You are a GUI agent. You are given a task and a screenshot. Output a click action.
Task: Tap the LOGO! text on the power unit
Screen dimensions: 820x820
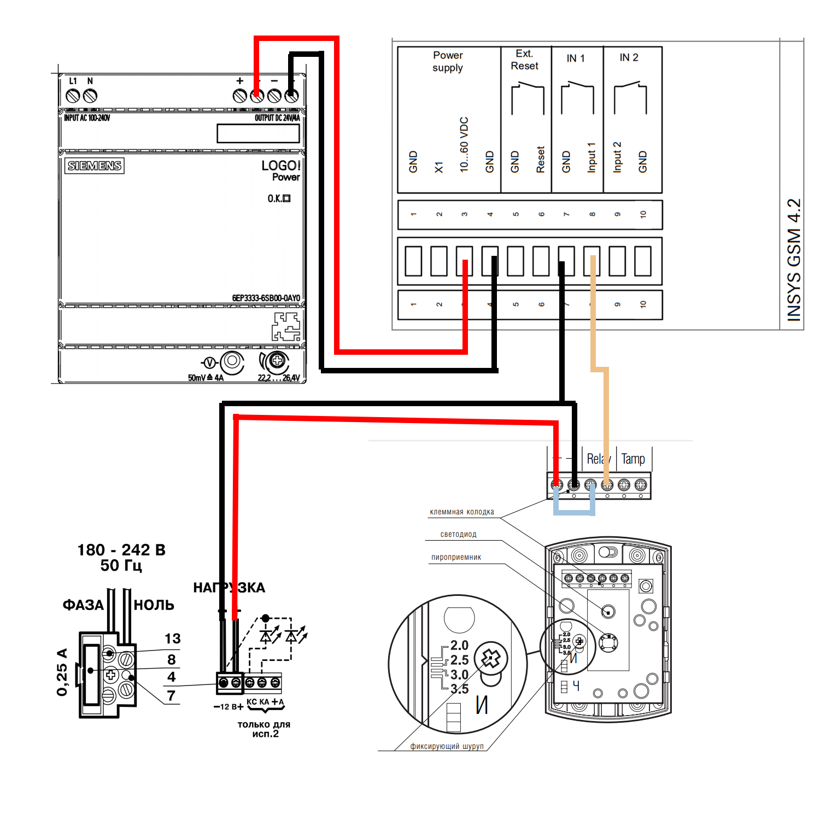tap(280, 166)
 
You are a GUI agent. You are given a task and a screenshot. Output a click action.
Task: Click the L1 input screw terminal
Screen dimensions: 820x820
tap(72, 96)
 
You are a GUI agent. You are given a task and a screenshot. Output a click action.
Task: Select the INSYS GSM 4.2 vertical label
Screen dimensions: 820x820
tap(794, 260)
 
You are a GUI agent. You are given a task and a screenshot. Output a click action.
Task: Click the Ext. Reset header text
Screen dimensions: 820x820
tap(524, 60)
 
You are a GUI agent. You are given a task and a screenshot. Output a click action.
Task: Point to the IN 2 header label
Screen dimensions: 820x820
tap(629, 57)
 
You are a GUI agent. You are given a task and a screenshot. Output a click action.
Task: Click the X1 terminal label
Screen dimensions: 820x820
tap(438, 167)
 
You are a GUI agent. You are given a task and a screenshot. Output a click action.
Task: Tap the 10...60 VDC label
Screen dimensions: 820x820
tap(464, 145)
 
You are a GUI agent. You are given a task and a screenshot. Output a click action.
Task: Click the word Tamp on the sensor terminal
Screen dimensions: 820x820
tap(633, 459)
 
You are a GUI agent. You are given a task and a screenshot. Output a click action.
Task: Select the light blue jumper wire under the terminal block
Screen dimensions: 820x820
tap(574, 512)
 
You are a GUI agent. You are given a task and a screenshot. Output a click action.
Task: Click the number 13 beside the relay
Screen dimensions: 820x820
tap(173, 639)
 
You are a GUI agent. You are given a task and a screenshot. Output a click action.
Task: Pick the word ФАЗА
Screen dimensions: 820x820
tap(83, 605)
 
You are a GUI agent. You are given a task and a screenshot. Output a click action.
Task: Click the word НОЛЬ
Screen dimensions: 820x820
tap(154, 605)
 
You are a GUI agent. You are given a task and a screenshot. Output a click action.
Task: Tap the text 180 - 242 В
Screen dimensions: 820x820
tap(121, 550)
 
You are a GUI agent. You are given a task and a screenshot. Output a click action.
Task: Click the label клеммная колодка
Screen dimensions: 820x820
tap(462, 512)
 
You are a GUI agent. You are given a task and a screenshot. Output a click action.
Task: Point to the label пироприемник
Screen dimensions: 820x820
tap(456, 558)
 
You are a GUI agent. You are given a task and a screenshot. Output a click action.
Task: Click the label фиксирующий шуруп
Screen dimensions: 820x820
tap(447, 746)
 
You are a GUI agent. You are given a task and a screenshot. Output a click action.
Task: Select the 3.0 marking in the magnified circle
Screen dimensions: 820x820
tap(459, 675)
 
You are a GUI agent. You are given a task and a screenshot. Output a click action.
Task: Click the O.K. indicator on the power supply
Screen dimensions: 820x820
tap(279, 198)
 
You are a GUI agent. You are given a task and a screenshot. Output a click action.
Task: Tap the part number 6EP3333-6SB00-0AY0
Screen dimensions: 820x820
tap(266, 298)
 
